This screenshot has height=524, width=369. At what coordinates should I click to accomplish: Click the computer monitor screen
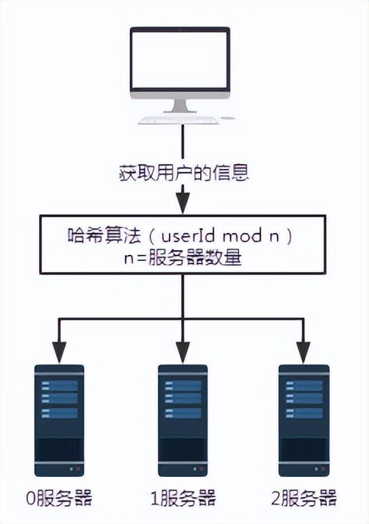[x=180, y=58]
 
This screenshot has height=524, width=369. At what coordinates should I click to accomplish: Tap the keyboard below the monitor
[x=179, y=120]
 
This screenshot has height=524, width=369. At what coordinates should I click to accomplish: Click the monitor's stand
[x=180, y=105]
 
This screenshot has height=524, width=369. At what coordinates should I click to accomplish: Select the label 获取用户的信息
[x=183, y=173]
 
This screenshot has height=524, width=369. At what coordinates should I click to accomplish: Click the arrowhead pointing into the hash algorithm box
[x=183, y=203]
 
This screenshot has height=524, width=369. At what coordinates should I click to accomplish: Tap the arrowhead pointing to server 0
[x=59, y=348]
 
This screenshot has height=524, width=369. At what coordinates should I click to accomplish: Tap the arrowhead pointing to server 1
[x=183, y=348]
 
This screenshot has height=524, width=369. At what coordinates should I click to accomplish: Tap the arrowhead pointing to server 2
[x=303, y=348]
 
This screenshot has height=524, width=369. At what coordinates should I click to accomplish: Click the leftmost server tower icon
[x=59, y=420]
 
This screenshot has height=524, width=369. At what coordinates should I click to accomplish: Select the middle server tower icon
[x=183, y=420]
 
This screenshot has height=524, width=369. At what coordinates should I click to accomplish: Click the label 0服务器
[x=59, y=498]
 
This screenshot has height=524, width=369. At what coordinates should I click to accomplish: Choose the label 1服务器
[x=183, y=498]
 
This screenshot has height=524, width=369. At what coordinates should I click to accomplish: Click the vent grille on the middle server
[x=183, y=449]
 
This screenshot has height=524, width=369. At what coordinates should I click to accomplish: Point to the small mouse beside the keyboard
[x=228, y=119]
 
